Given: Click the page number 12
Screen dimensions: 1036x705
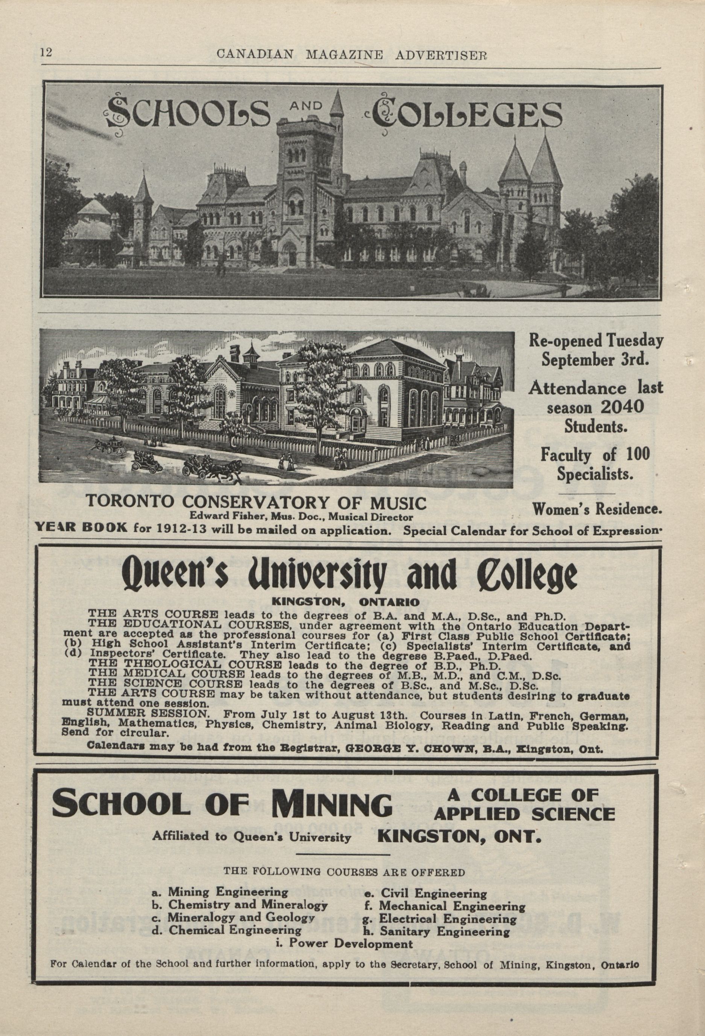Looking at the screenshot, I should click(x=46, y=52).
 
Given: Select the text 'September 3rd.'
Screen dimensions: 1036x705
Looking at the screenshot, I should click(x=595, y=360).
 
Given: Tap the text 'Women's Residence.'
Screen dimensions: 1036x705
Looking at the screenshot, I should click(x=597, y=509).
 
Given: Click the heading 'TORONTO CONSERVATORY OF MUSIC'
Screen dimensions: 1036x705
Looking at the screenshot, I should click(x=255, y=503).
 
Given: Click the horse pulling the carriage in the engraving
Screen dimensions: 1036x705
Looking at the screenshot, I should click(x=226, y=468).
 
